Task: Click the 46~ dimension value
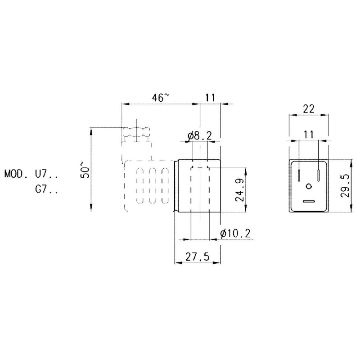(x=161, y=98)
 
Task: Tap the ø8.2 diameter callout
(x=199, y=135)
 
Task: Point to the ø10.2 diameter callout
(x=235, y=233)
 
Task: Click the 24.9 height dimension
(x=240, y=190)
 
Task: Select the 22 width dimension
(x=309, y=108)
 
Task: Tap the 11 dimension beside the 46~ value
(x=210, y=98)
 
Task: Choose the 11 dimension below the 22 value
(x=309, y=135)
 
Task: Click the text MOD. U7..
(x=31, y=173)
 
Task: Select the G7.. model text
(x=46, y=189)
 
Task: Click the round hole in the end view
(x=309, y=186)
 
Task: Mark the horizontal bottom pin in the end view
(x=309, y=202)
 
